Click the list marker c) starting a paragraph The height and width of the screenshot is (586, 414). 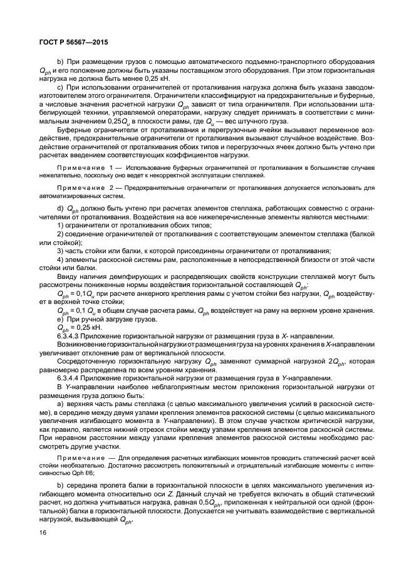60,87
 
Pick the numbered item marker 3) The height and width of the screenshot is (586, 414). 60,250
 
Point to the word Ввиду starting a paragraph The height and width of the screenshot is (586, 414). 68,276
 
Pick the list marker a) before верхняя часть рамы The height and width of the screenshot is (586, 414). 60,404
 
